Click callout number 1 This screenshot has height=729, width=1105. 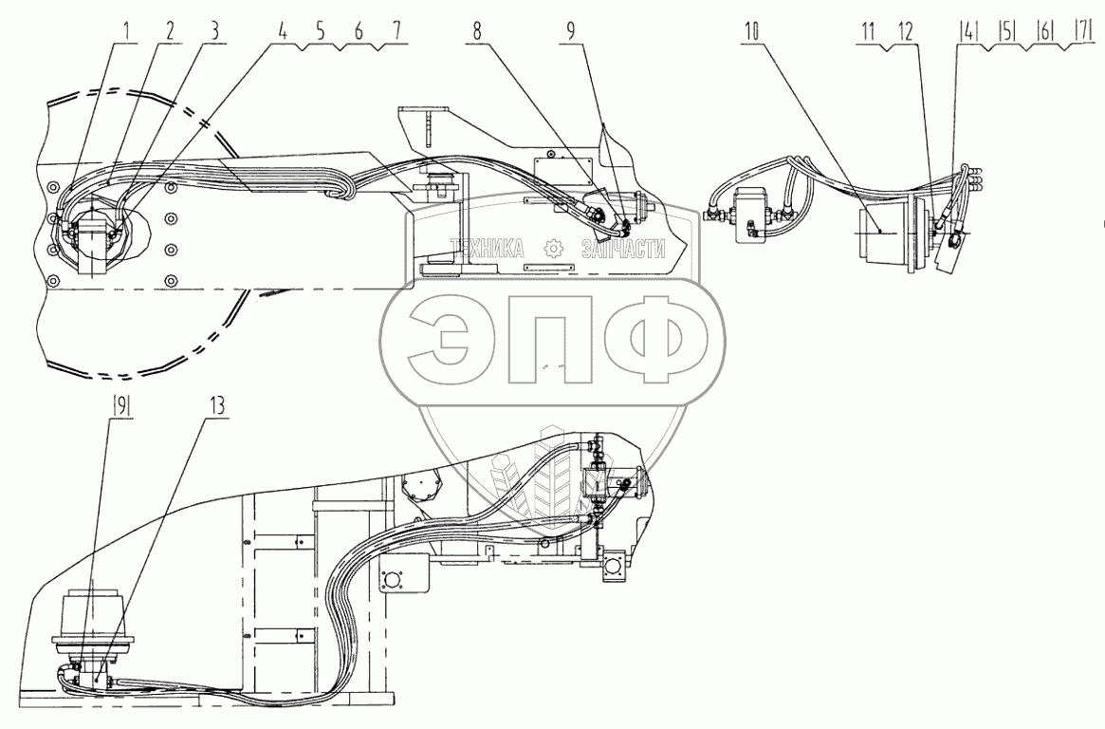point(125,29)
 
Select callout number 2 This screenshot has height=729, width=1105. point(170,29)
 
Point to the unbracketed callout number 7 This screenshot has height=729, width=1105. point(392,29)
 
